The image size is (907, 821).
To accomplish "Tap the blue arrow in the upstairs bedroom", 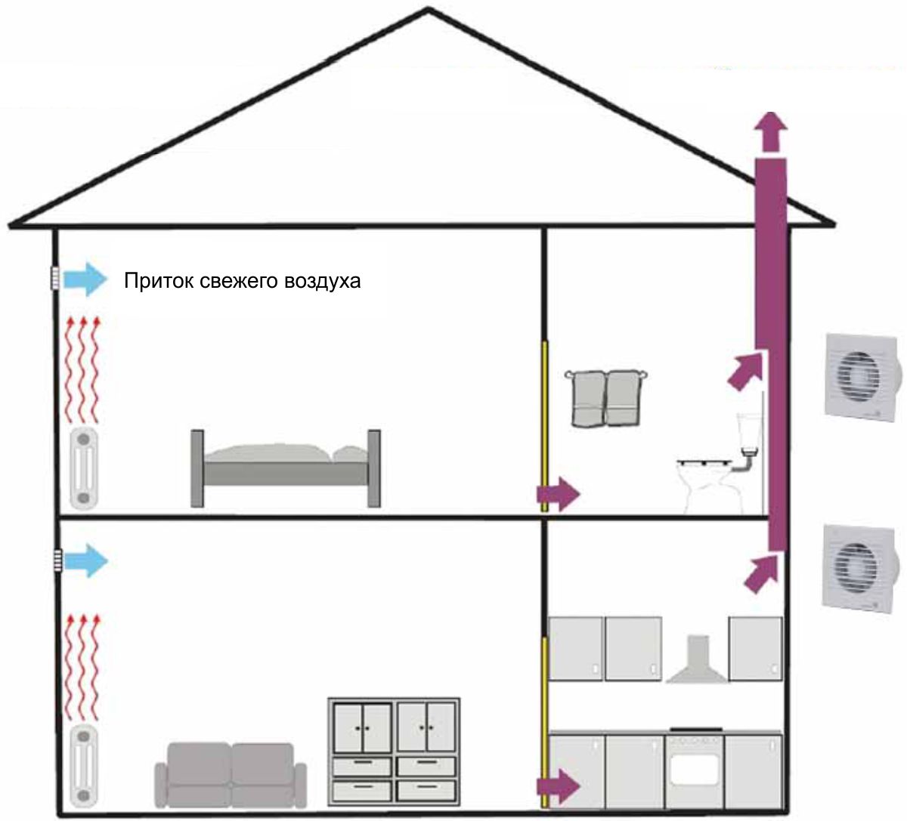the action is [x=85, y=279].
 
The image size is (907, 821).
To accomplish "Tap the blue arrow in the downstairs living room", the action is [x=85, y=560].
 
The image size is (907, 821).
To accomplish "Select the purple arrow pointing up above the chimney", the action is [x=770, y=132].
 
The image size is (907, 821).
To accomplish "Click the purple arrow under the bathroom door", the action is [x=558, y=494].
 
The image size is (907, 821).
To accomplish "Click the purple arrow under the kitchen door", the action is [x=558, y=786].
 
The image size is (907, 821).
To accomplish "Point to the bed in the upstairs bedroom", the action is [x=286, y=468].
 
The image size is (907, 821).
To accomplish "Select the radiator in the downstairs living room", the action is [x=84, y=770].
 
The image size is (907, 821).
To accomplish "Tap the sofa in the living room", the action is [x=231, y=776].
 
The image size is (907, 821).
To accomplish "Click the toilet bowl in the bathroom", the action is [x=710, y=486].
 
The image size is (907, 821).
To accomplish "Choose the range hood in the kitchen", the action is [x=697, y=659].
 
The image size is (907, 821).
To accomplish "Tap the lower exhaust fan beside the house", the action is [x=859, y=569].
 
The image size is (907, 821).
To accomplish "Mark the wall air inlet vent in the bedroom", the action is [x=54, y=279].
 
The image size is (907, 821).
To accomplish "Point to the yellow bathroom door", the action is [x=545, y=427].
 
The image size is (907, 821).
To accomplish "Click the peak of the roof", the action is [x=428, y=9].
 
